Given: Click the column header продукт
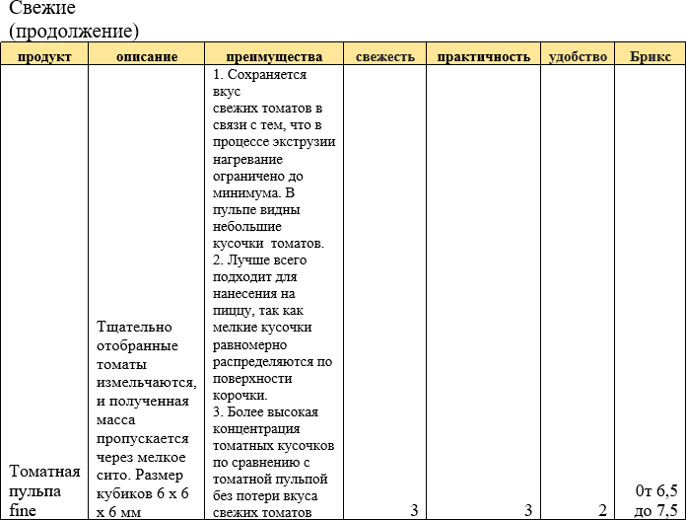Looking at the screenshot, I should pos(44,56).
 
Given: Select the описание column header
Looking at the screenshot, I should pos(147,56).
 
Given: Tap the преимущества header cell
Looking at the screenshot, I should pos(273,56).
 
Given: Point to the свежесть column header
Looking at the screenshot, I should pos(385,56).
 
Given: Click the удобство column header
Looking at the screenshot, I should pos(578,56).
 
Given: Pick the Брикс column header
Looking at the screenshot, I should pos(650,56).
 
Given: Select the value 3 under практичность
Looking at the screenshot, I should pos(528,510).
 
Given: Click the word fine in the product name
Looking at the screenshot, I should pos(24,510).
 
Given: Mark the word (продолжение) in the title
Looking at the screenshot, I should pos(74,31).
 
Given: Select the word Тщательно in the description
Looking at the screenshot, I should pos(135,327).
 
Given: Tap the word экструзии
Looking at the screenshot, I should pos(302,141).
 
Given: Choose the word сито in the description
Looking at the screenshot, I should pos(109,474).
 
